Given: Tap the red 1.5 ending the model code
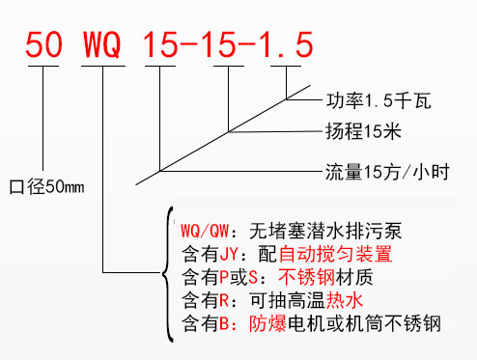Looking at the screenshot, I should tap(285, 44).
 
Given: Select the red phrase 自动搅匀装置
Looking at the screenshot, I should tap(334, 255).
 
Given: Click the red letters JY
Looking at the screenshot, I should tap(225, 255).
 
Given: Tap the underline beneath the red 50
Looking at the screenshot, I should tap(45, 69).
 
